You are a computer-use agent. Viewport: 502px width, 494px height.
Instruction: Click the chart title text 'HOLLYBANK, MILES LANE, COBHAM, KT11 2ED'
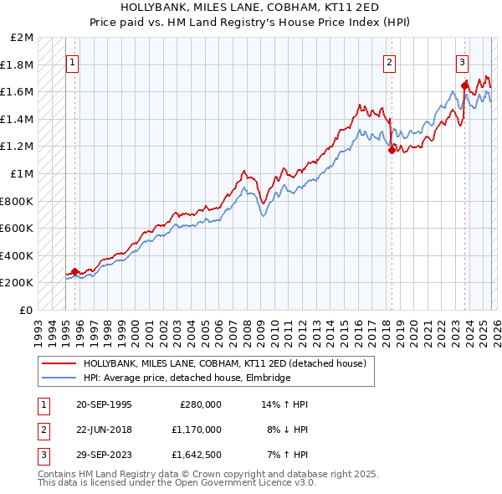tap(250, 6)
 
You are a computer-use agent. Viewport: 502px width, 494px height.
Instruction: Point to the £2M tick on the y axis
tap(23, 38)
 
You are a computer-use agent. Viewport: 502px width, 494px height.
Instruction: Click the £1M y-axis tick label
tap(23, 174)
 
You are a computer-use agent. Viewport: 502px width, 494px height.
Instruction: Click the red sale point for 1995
tap(75, 271)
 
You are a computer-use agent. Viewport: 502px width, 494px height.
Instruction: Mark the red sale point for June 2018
tap(391, 151)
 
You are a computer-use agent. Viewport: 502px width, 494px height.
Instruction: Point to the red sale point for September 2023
tap(464, 85)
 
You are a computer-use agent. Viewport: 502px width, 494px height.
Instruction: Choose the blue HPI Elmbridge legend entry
tap(187, 378)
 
